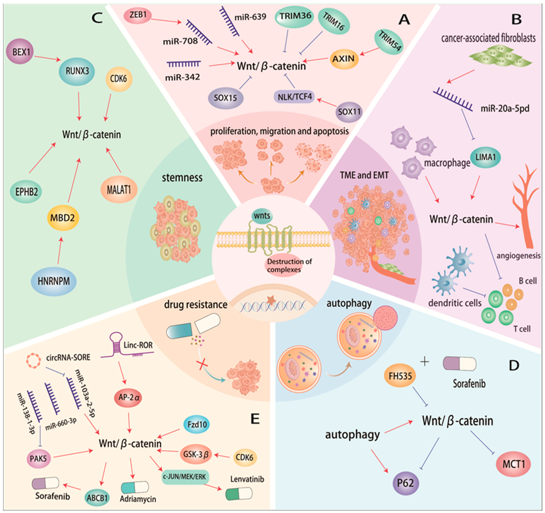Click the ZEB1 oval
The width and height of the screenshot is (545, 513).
(x=138, y=15)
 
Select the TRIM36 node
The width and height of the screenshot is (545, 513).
(x=295, y=16)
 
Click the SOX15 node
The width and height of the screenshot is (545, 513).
(x=225, y=98)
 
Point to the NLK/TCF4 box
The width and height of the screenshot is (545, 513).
(x=294, y=97)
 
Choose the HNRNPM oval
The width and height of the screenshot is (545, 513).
(x=54, y=281)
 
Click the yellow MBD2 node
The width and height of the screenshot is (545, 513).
(x=62, y=218)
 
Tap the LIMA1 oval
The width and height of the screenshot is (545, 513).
(x=485, y=157)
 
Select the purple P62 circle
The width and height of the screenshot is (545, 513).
(x=405, y=483)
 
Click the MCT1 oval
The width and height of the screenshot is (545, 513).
(x=514, y=464)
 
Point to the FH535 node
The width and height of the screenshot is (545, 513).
(x=400, y=376)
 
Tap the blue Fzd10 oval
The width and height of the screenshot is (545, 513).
(x=197, y=424)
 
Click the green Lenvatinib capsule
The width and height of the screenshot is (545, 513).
(x=239, y=494)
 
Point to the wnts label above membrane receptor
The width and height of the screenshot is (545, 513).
(x=262, y=216)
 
